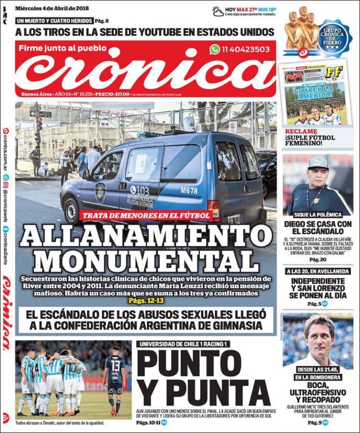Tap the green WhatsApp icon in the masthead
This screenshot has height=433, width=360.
(x=215, y=49)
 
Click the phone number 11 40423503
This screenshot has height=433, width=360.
(x=246, y=49)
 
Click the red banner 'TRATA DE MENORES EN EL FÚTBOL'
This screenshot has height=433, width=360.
(x=145, y=216)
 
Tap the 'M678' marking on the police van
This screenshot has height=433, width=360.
(x=189, y=190)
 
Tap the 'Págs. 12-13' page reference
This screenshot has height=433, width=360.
(x=139, y=301)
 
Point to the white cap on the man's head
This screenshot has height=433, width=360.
(x=318, y=163)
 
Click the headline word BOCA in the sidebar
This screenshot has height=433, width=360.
(x=317, y=385)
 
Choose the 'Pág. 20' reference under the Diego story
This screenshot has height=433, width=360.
(x=317, y=259)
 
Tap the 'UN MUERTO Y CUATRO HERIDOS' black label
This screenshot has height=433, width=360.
(x=54, y=21)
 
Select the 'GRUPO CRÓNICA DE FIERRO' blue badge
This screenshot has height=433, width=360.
(x=334, y=38)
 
